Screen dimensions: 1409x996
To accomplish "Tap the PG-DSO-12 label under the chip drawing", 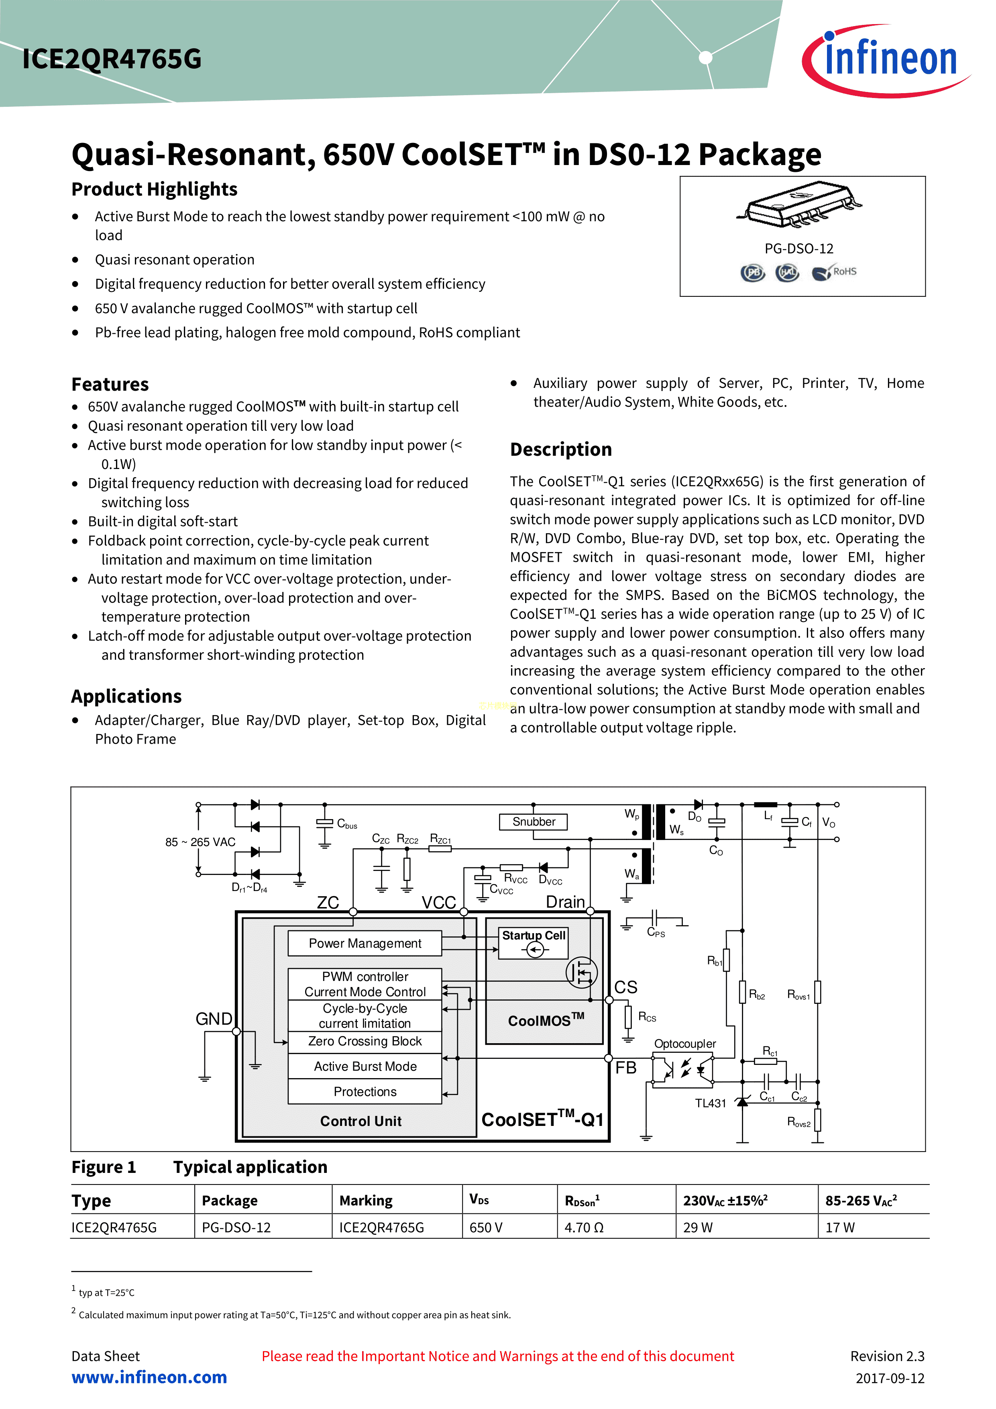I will pos(798,249).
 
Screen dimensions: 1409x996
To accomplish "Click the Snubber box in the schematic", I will pos(533,822).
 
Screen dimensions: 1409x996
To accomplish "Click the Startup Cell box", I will pos(533,942).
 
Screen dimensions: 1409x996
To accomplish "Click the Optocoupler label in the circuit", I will pos(685,1044).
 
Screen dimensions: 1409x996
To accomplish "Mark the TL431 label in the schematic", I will pos(710,1103).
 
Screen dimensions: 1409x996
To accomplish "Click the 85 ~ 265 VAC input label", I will pos(200,842).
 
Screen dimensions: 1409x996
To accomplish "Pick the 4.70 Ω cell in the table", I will pos(584,1228).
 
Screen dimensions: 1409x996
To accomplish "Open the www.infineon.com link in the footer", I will pos(149,1377).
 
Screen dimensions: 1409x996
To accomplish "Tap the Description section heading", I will pos(560,449).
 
